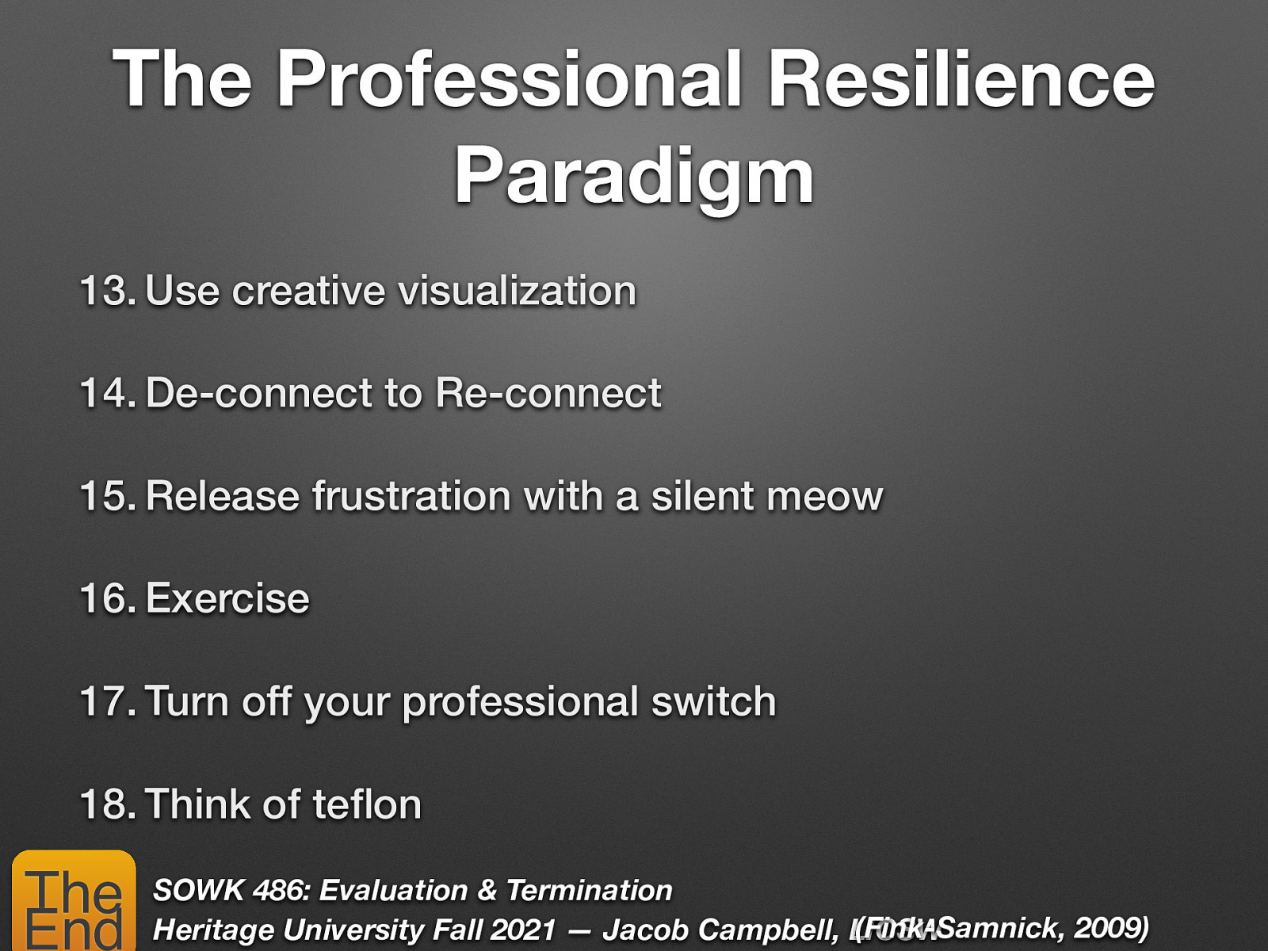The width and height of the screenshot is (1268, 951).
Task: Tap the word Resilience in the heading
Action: (x=961, y=78)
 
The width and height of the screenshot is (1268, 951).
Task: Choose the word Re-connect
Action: (x=548, y=393)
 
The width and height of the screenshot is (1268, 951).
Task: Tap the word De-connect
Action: (x=259, y=393)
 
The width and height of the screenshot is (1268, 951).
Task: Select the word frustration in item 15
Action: (x=411, y=496)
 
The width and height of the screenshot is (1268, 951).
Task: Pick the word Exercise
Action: (x=227, y=598)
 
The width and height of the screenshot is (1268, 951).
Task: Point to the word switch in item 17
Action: (x=713, y=701)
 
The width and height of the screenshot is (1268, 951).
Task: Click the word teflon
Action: (x=367, y=804)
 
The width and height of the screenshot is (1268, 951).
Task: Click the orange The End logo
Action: (x=74, y=902)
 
